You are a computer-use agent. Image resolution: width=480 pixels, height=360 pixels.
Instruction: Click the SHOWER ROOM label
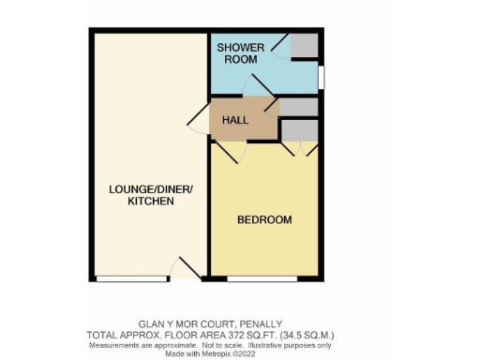[x=238, y=53]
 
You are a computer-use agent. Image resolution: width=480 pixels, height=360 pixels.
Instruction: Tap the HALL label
[x=234, y=121]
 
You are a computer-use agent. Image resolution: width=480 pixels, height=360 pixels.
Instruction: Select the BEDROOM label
[x=263, y=220]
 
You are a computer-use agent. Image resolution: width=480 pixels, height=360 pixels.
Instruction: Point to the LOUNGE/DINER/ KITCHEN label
[x=150, y=195]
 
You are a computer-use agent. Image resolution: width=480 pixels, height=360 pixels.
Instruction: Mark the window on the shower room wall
[x=322, y=75]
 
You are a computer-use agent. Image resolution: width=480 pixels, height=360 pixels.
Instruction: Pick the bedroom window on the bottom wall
[x=262, y=278]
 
